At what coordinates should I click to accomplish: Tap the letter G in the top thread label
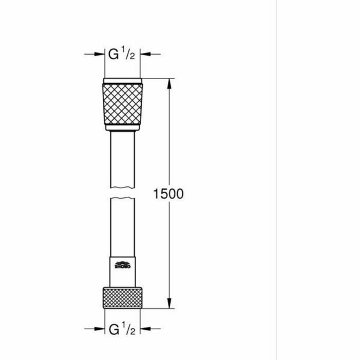pos(114,55)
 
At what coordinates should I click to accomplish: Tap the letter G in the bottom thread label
pos(114,330)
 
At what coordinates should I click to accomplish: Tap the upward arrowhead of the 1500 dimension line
pos(169,83)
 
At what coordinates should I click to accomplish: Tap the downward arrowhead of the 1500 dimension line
pos(169,304)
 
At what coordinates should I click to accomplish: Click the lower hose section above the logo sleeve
pos(123,226)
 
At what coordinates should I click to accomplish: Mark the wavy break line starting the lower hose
pos(123,199)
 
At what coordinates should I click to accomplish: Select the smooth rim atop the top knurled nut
pos(123,81)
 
